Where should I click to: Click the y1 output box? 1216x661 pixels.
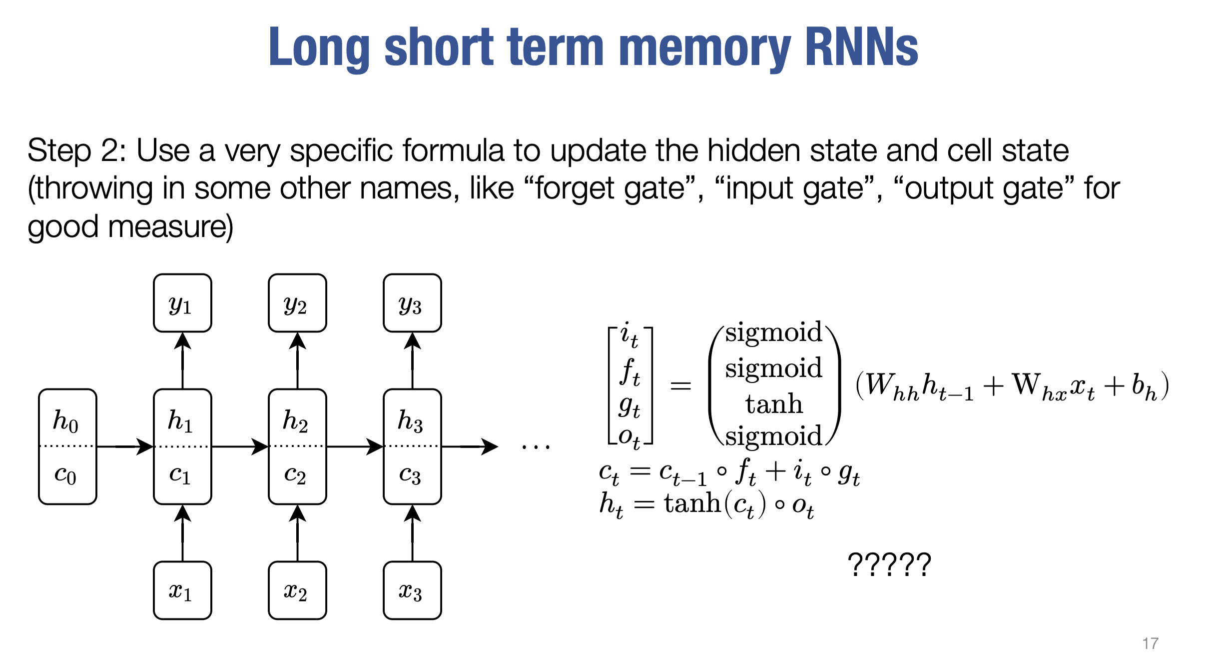[x=182, y=303]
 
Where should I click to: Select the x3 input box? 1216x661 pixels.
[x=412, y=590]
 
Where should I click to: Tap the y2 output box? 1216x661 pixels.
[x=297, y=303]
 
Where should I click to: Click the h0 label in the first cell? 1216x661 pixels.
[x=66, y=420]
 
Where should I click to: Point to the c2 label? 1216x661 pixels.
[x=295, y=473]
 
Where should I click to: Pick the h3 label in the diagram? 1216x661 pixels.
[x=410, y=420]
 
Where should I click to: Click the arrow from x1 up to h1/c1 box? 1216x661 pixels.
[x=182, y=532]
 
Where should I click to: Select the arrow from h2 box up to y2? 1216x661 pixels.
[x=297, y=360]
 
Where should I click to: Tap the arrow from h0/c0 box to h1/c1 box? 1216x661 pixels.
[x=125, y=446]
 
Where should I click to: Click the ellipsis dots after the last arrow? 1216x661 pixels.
[x=536, y=446]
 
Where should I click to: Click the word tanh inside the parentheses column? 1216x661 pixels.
[x=774, y=404]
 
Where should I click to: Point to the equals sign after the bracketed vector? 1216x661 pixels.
[x=680, y=385]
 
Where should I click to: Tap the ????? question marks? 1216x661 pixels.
[x=889, y=565]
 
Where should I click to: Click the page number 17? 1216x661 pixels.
[x=1150, y=643]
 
